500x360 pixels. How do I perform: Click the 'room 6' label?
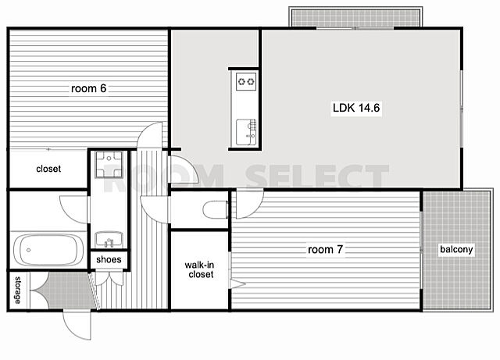click(88, 88)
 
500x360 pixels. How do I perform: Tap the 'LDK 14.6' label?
click(356, 108)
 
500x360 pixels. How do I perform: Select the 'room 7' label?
click(325, 249)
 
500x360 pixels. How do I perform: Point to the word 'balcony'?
click(456, 249)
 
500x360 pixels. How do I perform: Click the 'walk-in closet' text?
click(200, 269)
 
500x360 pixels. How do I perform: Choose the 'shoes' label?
click(109, 259)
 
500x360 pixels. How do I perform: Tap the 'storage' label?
click(18, 290)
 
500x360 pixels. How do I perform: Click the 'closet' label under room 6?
click(48, 169)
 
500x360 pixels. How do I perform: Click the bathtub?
click(48, 250)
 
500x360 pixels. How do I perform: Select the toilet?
click(216, 209)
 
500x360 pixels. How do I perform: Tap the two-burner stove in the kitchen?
click(246, 81)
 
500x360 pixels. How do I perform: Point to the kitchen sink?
click(246, 132)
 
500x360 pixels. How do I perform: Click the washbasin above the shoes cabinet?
click(109, 240)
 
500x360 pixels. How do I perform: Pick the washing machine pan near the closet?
click(109, 164)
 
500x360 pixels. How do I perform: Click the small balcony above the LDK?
click(355, 17)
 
